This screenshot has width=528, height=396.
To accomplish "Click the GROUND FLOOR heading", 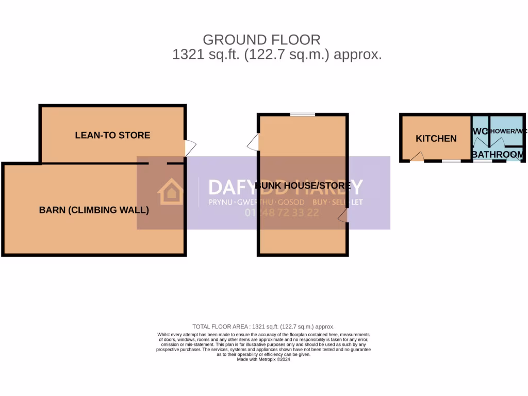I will [x=261, y=40].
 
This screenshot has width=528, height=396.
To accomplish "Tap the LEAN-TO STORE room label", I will [x=112, y=135].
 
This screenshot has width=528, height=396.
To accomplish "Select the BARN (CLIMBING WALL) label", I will [x=94, y=210].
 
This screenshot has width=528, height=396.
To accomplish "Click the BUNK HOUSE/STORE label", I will [x=303, y=186].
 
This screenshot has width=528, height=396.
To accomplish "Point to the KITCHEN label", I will [x=436, y=138].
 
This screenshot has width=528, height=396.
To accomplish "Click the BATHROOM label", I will [x=498, y=154].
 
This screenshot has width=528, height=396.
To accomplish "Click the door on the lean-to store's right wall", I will [x=190, y=148].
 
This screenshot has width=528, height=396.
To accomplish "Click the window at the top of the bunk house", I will [x=302, y=114].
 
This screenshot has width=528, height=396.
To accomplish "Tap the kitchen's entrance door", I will [x=417, y=157].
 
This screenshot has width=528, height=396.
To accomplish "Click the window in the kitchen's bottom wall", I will [x=451, y=161].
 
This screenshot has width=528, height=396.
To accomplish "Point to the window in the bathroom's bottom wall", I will [x=483, y=161].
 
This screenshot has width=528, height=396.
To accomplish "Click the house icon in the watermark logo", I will [x=170, y=192].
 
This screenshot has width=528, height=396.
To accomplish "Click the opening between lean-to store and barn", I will [x=158, y=163].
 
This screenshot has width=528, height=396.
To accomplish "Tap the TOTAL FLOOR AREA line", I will [x=263, y=326].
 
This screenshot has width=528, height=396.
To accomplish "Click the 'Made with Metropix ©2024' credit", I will [x=263, y=360].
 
